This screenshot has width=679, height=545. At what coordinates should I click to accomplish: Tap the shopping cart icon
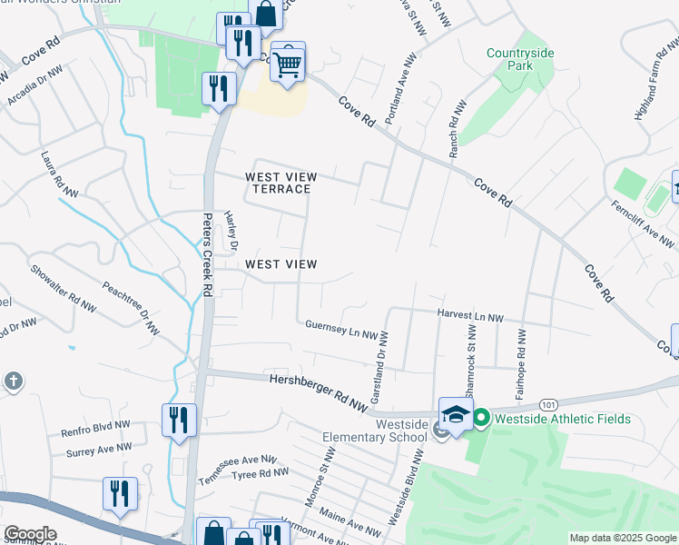point(288,64)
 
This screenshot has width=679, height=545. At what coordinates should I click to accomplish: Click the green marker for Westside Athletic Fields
point(481,419)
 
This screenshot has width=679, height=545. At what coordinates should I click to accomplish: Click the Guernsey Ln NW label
point(340,329)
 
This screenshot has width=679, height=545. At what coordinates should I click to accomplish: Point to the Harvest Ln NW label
point(469,316)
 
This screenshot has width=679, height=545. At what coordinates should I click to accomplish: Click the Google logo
point(29,534)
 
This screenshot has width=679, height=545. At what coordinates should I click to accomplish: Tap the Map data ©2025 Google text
point(622,538)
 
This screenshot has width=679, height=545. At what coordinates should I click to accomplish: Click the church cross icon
point(13,381)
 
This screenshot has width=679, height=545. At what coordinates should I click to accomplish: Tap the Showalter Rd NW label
point(64,288)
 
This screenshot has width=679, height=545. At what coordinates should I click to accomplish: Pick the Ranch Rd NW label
point(457,130)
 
